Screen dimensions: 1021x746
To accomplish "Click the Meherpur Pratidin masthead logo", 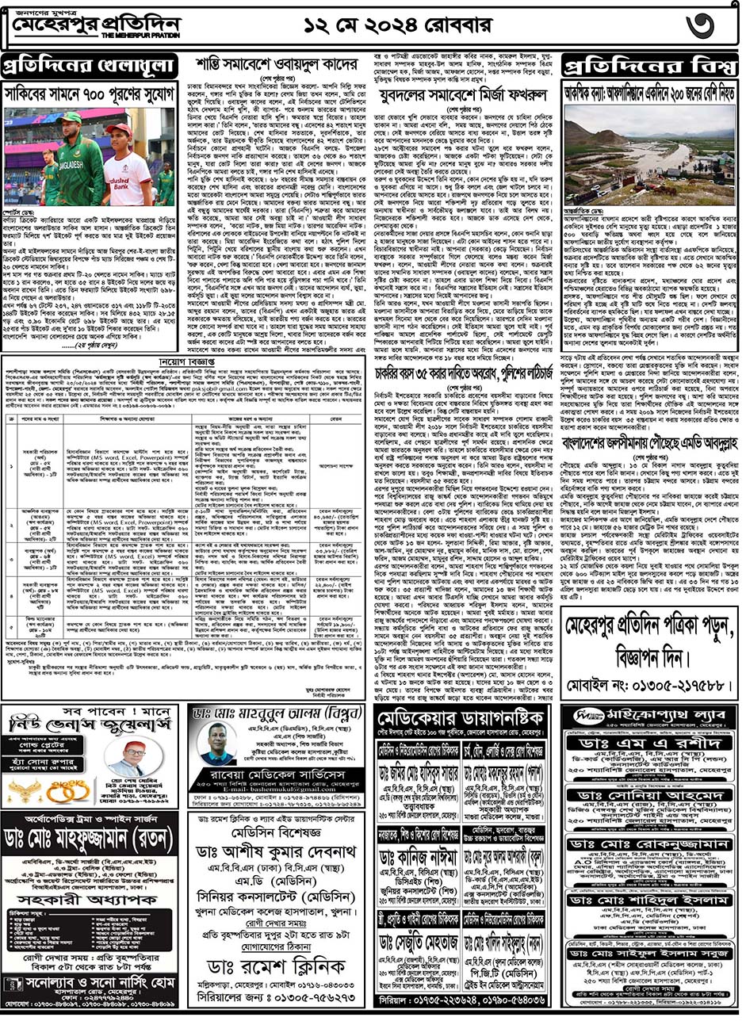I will [95, 27].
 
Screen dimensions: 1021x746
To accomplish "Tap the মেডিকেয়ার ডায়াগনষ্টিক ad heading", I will [467, 721].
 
